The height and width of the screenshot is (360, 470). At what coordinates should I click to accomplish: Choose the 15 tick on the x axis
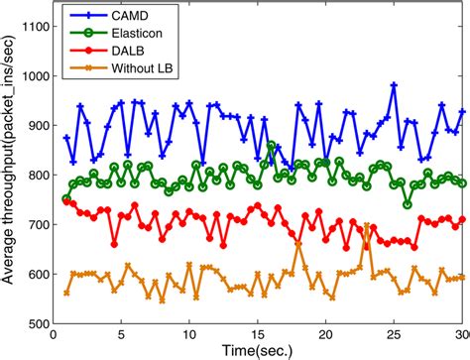coord(259,334)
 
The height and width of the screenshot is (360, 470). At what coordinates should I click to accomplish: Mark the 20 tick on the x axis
coord(327,334)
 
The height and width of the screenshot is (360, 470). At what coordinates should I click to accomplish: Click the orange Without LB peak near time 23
coord(368,226)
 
